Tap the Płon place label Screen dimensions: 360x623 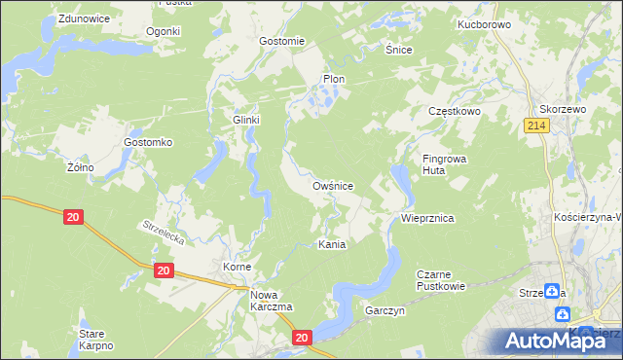pos(334,79)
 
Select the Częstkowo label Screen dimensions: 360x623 pos(456,112)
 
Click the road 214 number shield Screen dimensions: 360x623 pos(534,126)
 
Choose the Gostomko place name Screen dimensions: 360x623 pos(148,142)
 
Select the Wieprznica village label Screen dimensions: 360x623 pos(428,219)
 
